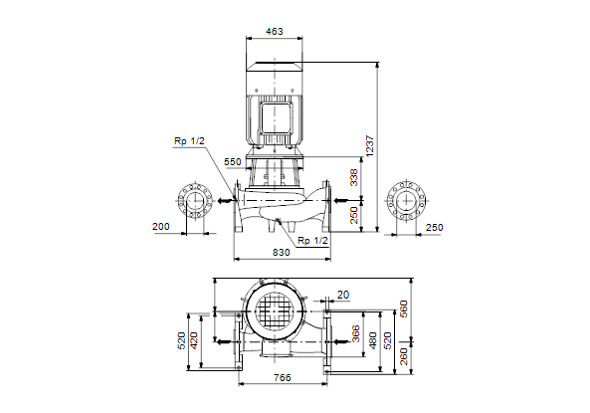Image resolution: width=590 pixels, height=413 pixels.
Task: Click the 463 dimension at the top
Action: (x=275, y=31)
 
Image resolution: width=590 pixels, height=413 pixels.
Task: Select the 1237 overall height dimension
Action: (x=370, y=146)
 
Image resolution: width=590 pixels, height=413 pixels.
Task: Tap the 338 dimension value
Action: (x=354, y=178)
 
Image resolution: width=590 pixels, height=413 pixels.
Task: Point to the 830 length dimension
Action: (x=282, y=252)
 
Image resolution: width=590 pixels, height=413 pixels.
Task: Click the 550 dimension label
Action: (x=233, y=162)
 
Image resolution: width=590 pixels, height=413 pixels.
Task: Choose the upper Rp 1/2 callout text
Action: (x=189, y=141)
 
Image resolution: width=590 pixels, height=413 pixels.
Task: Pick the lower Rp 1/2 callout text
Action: (x=312, y=241)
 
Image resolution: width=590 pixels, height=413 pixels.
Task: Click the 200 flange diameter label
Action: (x=160, y=227)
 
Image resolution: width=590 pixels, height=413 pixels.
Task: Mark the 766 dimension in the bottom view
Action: (x=283, y=377)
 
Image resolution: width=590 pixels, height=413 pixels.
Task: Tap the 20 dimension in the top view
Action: (x=343, y=295)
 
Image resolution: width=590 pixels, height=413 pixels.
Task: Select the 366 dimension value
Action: (x=355, y=334)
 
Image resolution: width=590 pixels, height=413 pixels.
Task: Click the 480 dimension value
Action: (x=372, y=340)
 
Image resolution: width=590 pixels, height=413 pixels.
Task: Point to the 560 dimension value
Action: (x=403, y=310)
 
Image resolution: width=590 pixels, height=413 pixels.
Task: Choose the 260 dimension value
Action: (x=403, y=356)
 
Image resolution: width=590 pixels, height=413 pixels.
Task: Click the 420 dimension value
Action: (x=194, y=340)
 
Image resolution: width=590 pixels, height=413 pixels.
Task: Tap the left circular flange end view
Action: (x=195, y=201)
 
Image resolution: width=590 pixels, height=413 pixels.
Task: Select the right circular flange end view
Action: (x=406, y=201)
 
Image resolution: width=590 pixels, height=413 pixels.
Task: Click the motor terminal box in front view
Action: (x=277, y=117)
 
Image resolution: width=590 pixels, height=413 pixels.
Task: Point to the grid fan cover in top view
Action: (x=275, y=311)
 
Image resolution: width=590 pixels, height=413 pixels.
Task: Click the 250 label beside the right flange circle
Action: (x=434, y=228)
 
